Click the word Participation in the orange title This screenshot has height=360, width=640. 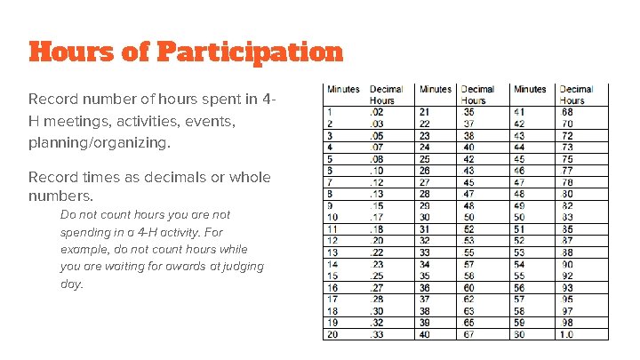(250, 52)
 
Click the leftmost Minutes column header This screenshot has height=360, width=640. (343, 89)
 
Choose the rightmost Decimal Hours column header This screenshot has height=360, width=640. (575, 94)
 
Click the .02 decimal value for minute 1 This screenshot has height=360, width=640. (377, 111)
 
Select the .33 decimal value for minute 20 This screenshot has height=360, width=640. (378, 333)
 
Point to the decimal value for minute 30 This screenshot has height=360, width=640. (468, 216)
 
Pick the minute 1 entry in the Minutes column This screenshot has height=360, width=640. (331, 111)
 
